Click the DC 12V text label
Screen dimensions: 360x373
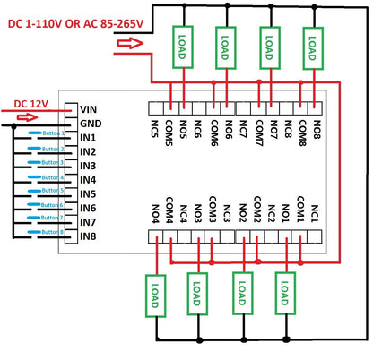pyautogui.click(x=31, y=103)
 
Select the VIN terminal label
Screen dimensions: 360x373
pyautogui.click(x=88, y=109)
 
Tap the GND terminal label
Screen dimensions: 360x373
pyautogui.click(x=90, y=124)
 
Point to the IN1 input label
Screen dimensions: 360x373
pyautogui.click(x=87, y=138)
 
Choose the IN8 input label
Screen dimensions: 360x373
pyautogui.click(x=87, y=236)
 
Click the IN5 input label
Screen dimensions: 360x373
pyautogui.click(x=87, y=194)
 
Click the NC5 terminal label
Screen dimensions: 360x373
pyautogui.click(x=154, y=129)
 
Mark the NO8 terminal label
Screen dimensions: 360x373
pyautogui.click(x=317, y=129)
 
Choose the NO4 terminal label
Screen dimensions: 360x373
pyautogui.click(x=154, y=213)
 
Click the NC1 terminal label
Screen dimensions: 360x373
pyautogui.click(x=315, y=214)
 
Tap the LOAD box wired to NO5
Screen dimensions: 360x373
pyautogui.click(x=183, y=46)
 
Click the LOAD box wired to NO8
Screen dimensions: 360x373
pyautogui.click(x=313, y=46)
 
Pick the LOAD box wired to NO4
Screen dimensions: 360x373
pyautogui.click(x=152, y=293)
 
